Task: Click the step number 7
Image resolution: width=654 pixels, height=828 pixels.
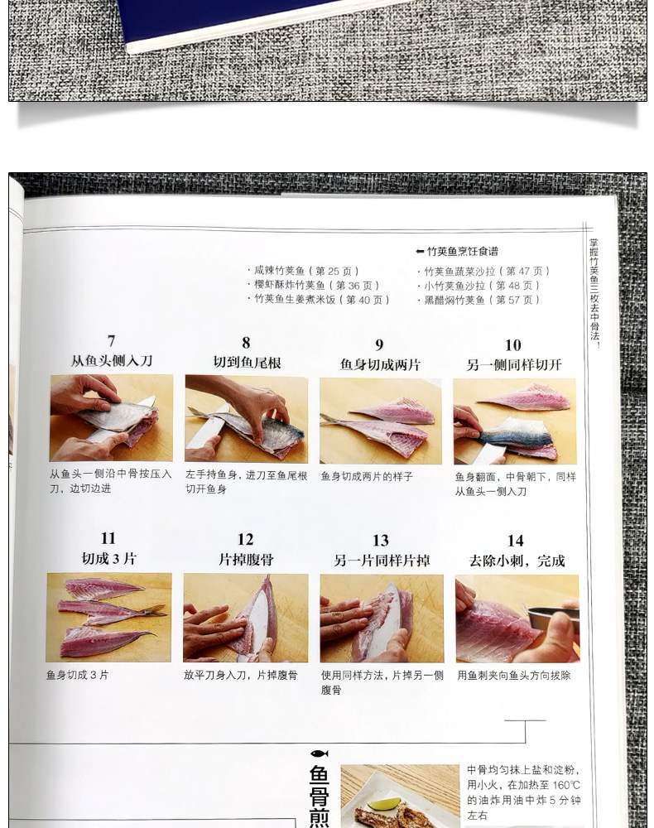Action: point(111,340)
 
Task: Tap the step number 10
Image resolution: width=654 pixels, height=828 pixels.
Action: point(513,345)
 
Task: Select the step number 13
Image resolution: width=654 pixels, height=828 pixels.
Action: point(381,541)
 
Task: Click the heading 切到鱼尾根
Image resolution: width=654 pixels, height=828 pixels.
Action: point(247,363)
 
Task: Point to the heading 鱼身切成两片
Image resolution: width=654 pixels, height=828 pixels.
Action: point(380,364)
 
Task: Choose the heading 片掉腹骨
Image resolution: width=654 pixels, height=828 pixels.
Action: point(246,559)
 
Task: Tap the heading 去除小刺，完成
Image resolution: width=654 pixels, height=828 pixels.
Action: point(517,561)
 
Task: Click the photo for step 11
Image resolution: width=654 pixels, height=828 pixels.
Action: point(108,618)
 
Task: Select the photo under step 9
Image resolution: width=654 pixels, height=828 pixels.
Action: point(381,421)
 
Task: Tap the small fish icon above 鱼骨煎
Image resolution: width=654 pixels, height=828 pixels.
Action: point(320,753)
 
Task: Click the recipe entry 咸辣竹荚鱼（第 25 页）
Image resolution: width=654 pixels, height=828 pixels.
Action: point(304,271)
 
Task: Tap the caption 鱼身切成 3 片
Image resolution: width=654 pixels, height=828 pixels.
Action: point(78,675)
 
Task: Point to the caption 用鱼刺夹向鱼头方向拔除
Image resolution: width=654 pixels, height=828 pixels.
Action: point(514,676)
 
